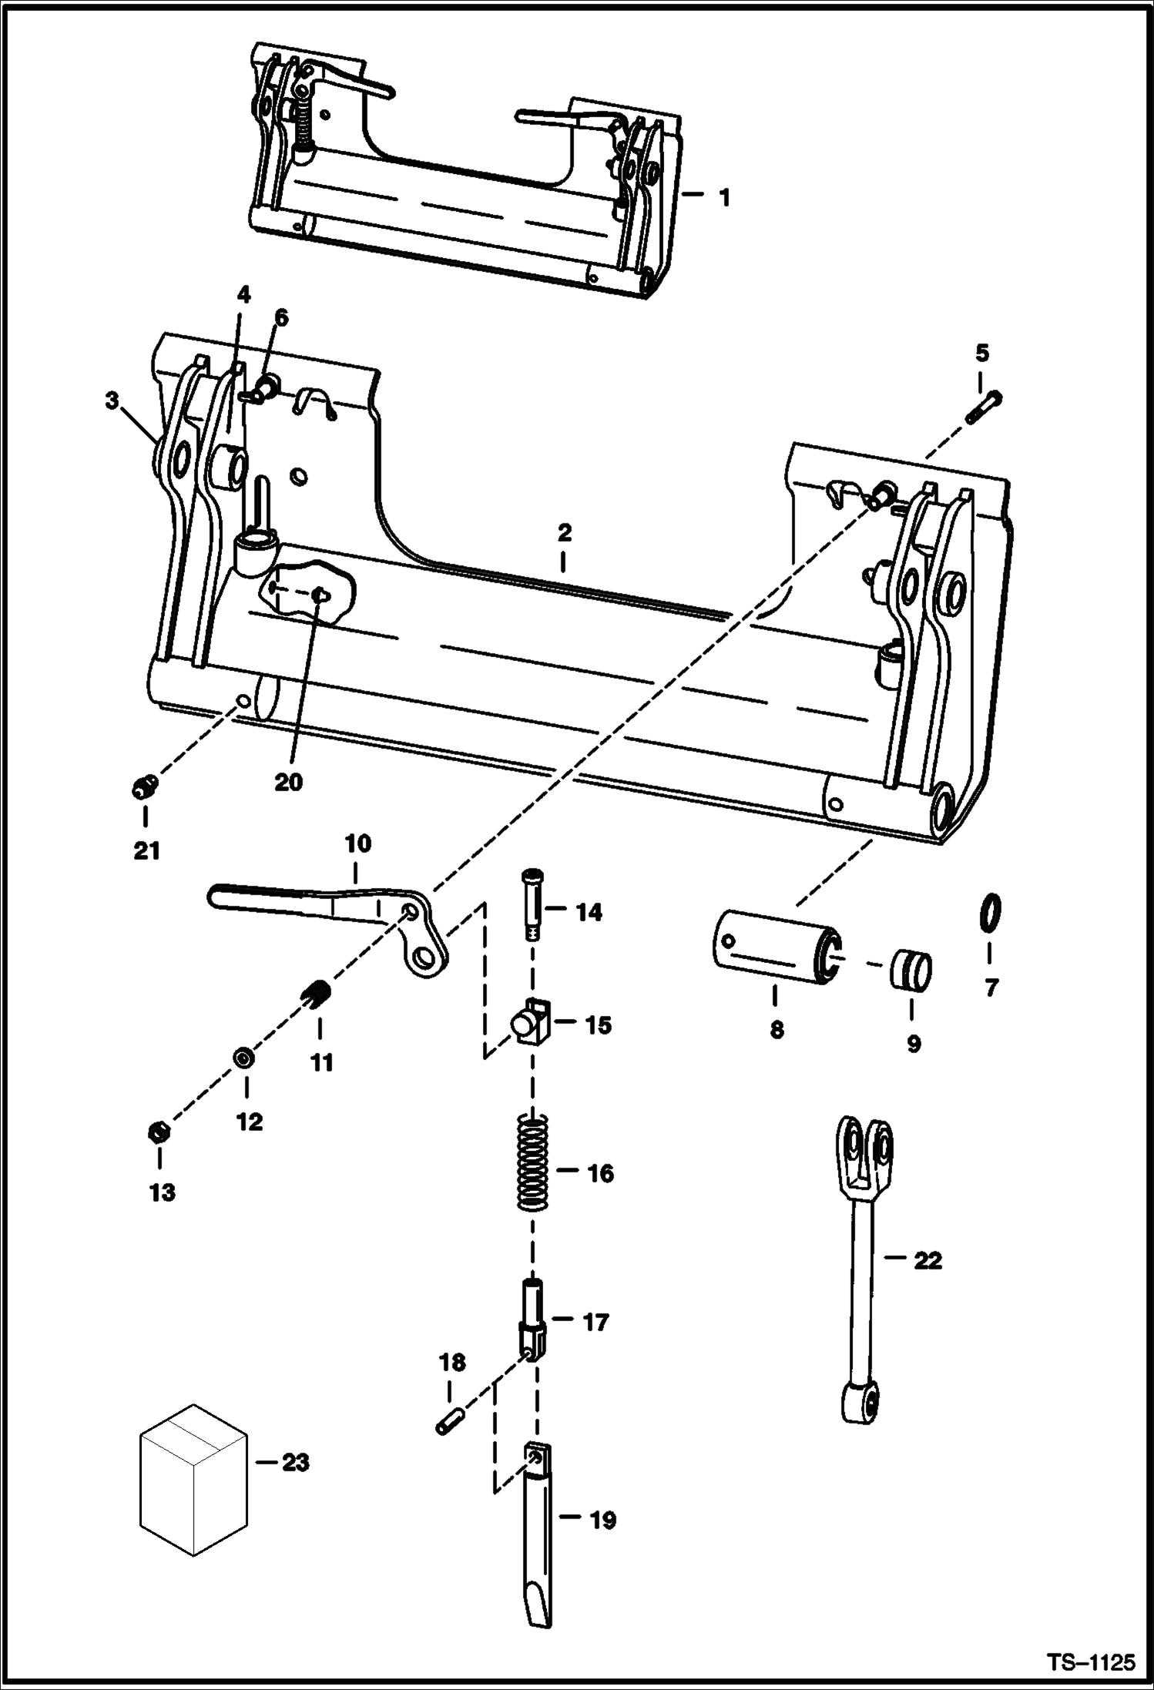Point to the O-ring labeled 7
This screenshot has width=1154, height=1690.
click(x=991, y=913)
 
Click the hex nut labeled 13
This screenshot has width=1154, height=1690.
click(x=159, y=1132)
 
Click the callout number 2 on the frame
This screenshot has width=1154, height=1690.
click(x=564, y=532)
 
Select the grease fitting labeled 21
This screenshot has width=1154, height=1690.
click(x=144, y=787)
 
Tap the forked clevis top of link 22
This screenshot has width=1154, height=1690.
click(x=864, y=1151)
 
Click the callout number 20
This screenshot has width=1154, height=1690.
click(x=288, y=782)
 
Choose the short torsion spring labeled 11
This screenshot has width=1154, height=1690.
click(x=316, y=993)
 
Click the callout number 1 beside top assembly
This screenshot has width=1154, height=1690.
click(x=724, y=198)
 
